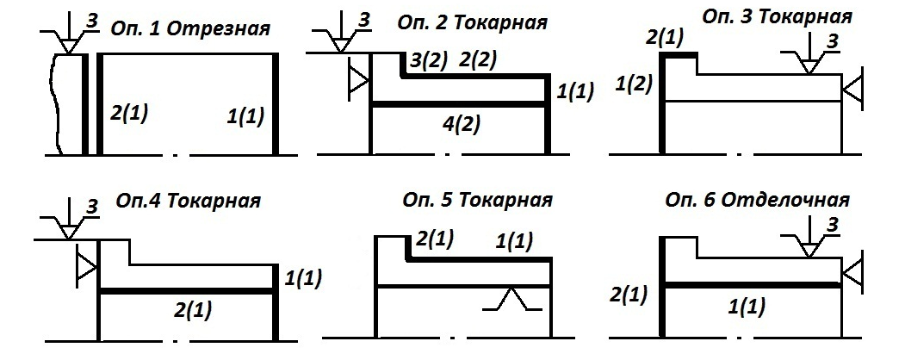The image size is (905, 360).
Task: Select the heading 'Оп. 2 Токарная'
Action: click(473, 21)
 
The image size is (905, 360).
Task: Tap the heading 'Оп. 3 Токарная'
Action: click(778, 16)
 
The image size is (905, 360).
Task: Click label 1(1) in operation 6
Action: click(741, 304)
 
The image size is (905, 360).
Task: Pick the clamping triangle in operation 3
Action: click(852, 88)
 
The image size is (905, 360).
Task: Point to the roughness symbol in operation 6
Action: click(810, 239)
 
